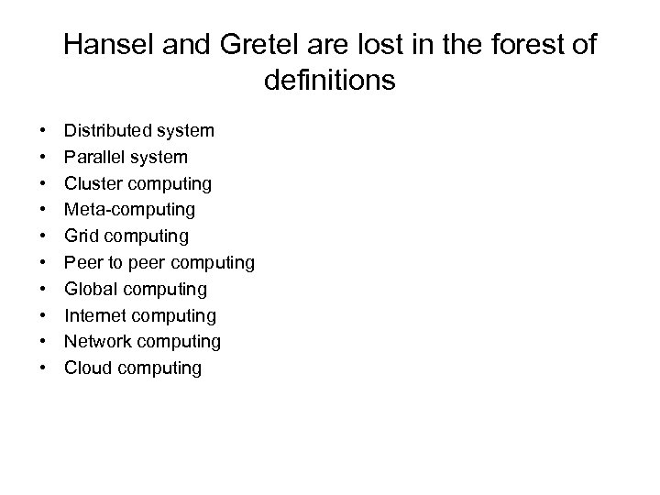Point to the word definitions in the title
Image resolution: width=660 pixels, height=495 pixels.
pos(329,81)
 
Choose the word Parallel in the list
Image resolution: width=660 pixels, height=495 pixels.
pos(93,158)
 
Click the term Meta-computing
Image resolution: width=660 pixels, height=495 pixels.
pos(129,210)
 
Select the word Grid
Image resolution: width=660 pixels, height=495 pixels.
pos(81,236)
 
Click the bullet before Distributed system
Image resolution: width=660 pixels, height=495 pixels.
pos(44,132)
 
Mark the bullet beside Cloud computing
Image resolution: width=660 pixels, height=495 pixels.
pos(44,369)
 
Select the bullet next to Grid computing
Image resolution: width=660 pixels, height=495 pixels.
pos(44,237)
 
